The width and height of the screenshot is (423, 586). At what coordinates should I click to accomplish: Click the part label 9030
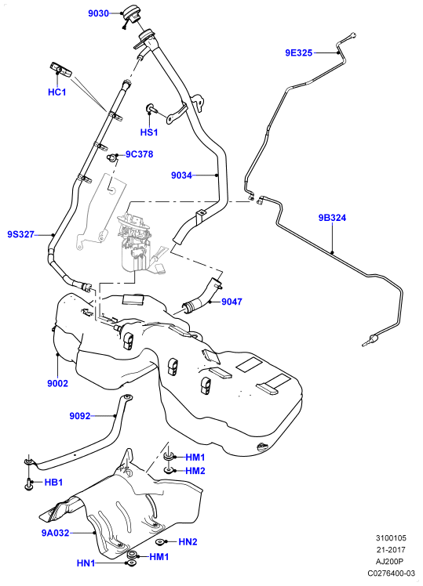pyautogui.click(x=98, y=14)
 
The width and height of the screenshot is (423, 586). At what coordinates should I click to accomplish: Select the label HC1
pyautogui.click(x=57, y=92)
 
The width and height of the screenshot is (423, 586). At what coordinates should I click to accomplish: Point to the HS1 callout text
pyautogui.click(x=149, y=132)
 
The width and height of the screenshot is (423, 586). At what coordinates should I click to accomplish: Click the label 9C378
pyautogui.click(x=139, y=154)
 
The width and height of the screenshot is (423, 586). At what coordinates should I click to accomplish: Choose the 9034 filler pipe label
pyautogui.click(x=181, y=175)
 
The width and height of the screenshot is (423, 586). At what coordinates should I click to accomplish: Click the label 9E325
pyautogui.click(x=299, y=53)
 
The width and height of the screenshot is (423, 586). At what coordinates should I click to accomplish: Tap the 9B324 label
pyautogui.click(x=333, y=218)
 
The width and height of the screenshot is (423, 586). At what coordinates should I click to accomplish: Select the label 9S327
pyautogui.click(x=21, y=235)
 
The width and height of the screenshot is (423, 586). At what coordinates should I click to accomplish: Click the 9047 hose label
pyautogui.click(x=232, y=302)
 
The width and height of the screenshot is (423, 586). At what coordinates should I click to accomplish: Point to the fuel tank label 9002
pyautogui.click(x=57, y=383)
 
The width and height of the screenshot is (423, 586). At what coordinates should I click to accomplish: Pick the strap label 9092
pyautogui.click(x=80, y=415)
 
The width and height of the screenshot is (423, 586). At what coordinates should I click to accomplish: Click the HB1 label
pyautogui.click(x=53, y=483)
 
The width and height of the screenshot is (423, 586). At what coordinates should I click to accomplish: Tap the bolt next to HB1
pyautogui.click(x=29, y=483)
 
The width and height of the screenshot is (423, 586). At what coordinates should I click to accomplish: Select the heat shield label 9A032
pyautogui.click(x=55, y=533)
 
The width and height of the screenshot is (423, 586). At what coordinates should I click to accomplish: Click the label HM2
pyautogui.click(x=195, y=471)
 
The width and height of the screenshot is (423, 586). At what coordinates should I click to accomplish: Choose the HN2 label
pyautogui.click(x=188, y=542)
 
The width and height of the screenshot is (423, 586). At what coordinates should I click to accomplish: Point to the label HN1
pyautogui.click(x=86, y=563)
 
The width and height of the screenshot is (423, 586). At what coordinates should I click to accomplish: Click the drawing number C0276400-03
pyautogui.click(x=391, y=573)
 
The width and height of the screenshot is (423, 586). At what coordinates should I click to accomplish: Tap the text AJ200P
pyautogui.click(x=391, y=562)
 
